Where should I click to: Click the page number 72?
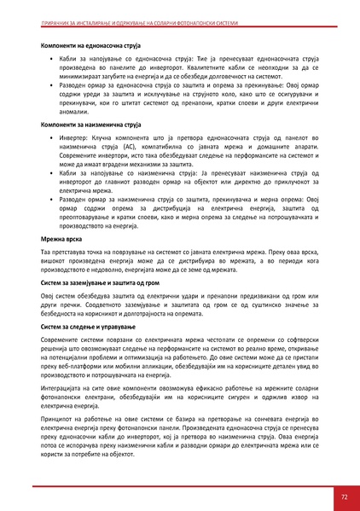tap(343, 495)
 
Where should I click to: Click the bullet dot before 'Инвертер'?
tap(52, 138)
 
